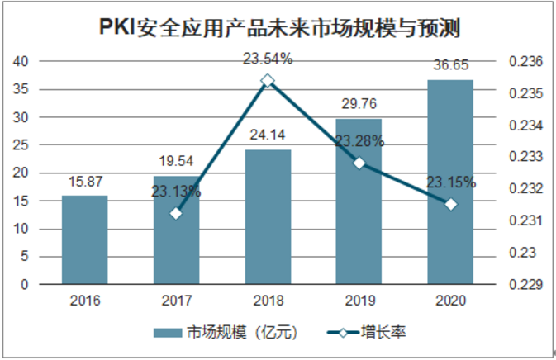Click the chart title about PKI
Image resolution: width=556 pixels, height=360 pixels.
coord(278,26)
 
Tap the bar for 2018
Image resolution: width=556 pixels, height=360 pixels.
coord(268,216)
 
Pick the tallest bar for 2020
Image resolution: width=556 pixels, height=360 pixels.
coord(450,182)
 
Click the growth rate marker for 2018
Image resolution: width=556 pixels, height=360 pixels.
coord(268,81)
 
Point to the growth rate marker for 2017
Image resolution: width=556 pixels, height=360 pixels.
coord(176,214)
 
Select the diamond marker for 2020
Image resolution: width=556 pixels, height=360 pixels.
coord(450,204)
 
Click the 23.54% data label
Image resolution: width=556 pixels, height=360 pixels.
coord(268,59)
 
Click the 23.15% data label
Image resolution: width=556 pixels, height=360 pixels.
coord(450,183)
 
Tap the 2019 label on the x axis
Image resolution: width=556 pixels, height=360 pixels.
coord(359,301)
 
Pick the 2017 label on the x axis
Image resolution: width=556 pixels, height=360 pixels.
coord(176,301)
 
